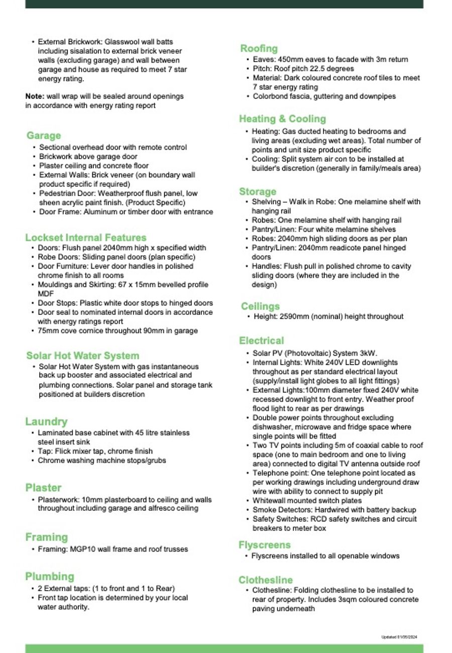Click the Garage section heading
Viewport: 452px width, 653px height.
pyautogui.click(x=44, y=136)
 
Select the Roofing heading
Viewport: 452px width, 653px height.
pyautogui.click(x=259, y=49)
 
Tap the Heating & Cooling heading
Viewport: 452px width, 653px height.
pyautogui.click(x=282, y=119)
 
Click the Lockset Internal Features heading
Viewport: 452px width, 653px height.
pyautogui.click(x=86, y=238)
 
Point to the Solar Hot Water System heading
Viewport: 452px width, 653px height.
pyautogui.click(x=83, y=356)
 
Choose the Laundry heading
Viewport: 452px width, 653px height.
pyautogui.click(x=46, y=421)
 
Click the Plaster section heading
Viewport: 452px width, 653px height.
pyautogui.click(x=43, y=488)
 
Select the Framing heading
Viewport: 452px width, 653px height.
pyautogui.click(x=46, y=537)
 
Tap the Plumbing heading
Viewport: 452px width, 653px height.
pyautogui.click(x=50, y=576)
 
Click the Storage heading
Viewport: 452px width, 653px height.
pyautogui.click(x=258, y=191)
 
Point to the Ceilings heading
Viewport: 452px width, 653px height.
pyautogui.click(x=260, y=306)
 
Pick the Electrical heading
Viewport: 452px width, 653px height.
pyautogui.click(x=261, y=341)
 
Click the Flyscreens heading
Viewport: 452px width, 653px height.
pyautogui.click(x=265, y=545)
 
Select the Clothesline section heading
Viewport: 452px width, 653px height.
pyautogui.click(x=266, y=580)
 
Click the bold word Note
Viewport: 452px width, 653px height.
pyautogui.click(x=35, y=96)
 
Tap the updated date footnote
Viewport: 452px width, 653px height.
pyautogui.click(x=399, y=637)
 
